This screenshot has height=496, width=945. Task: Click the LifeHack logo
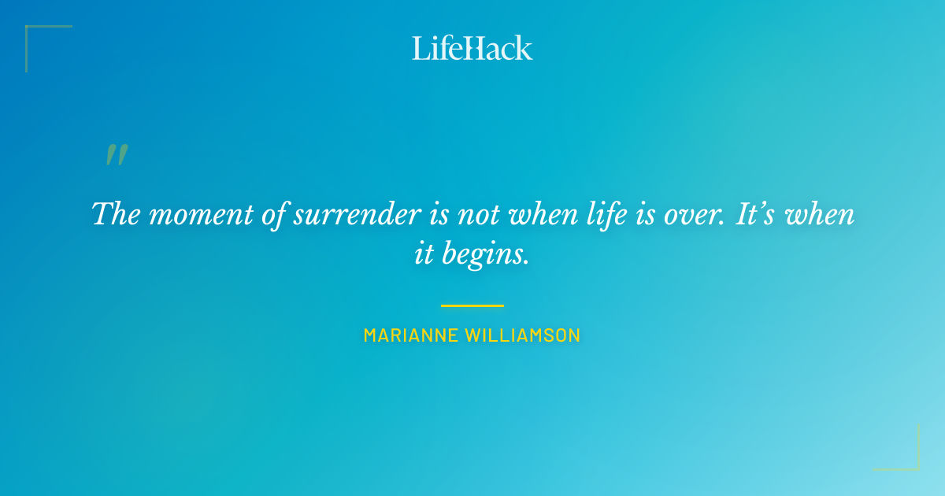[x=472, y=48]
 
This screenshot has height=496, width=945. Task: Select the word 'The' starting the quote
[x=115, y=214]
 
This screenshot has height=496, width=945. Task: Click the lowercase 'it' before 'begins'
[x=424, y=254]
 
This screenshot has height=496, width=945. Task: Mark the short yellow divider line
[x=472, y=305]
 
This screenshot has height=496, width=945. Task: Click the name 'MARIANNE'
[x=410, y=335]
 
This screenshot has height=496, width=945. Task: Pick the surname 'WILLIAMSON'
[x=523, y=335]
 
